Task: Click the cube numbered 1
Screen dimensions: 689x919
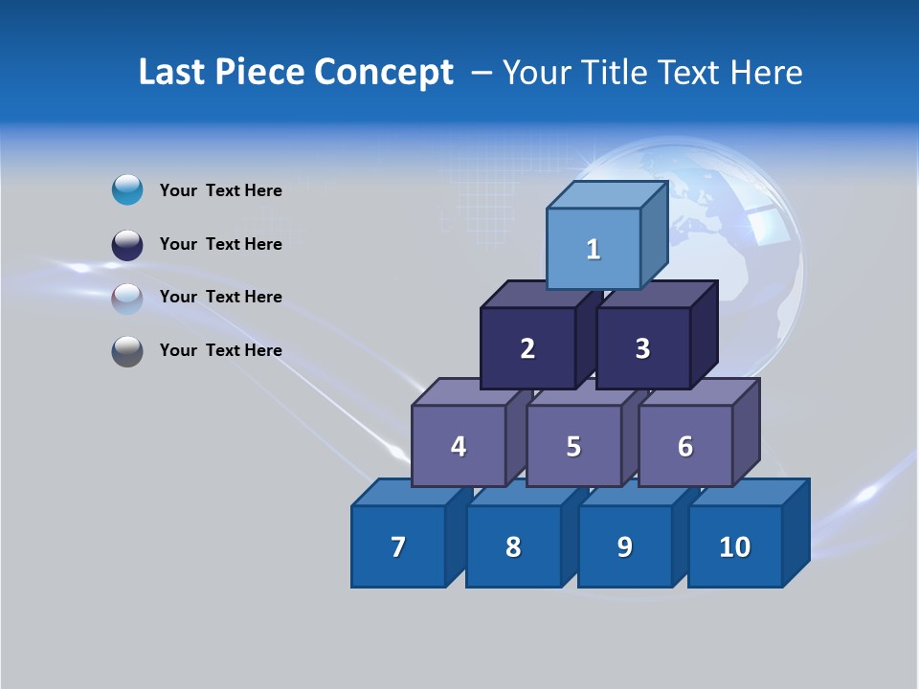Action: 594,249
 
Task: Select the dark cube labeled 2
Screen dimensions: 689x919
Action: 527,348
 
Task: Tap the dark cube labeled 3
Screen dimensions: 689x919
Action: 642,348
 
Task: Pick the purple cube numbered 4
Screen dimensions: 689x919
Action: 459,446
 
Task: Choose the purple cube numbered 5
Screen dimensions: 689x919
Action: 573,446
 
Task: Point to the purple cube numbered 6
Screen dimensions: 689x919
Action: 685,446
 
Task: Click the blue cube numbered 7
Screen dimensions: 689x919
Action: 398,546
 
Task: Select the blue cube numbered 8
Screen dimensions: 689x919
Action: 513,546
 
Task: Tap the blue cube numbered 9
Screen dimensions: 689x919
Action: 624,546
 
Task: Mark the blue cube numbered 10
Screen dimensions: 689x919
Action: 735,546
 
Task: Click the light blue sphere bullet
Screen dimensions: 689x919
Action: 127,190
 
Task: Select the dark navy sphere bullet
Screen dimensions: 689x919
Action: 127,244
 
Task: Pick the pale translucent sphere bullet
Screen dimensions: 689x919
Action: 127,298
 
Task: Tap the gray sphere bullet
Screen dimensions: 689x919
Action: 127,350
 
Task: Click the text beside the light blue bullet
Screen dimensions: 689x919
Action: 221,190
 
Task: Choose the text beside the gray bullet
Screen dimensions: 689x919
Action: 221,350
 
